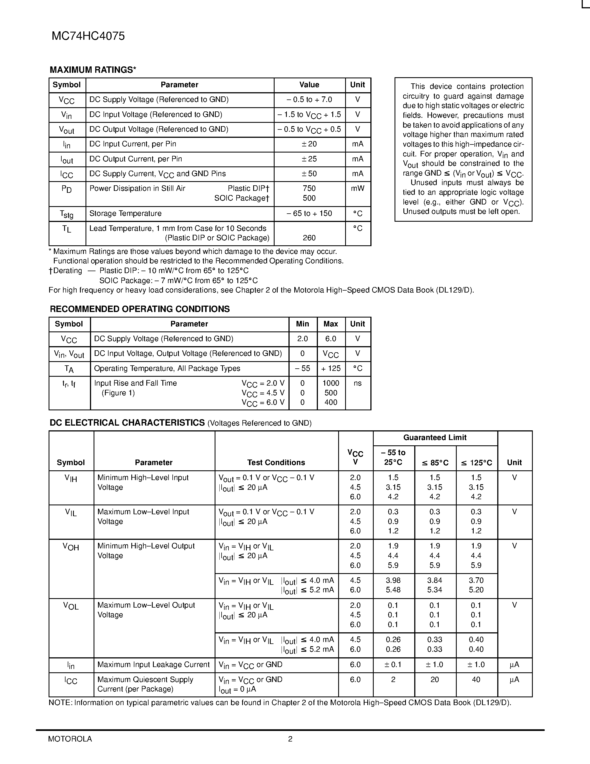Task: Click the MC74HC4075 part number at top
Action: click(x=88, y=36)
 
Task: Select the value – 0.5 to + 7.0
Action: click(x=309, y=100)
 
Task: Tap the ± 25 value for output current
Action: click(x=309, y=159)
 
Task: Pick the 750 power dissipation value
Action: click(x=309, y=189)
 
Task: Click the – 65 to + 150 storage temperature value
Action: click(x=309, y=214)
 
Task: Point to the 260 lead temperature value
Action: click(x=309, y=238)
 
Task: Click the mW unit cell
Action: click(x=358, y=189)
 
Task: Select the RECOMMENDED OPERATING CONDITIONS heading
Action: click(x=140, y=309)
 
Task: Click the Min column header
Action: click(x=302, y=324)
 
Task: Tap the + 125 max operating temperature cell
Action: click(x=331, y=369)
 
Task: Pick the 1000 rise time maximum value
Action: click(x=331, y=383)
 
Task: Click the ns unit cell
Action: click(x=358, y=383)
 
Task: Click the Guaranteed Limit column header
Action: click(x=435, y=438)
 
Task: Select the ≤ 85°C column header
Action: click(x=435, y=463)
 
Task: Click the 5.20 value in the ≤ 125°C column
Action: click(x=476, y=590)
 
